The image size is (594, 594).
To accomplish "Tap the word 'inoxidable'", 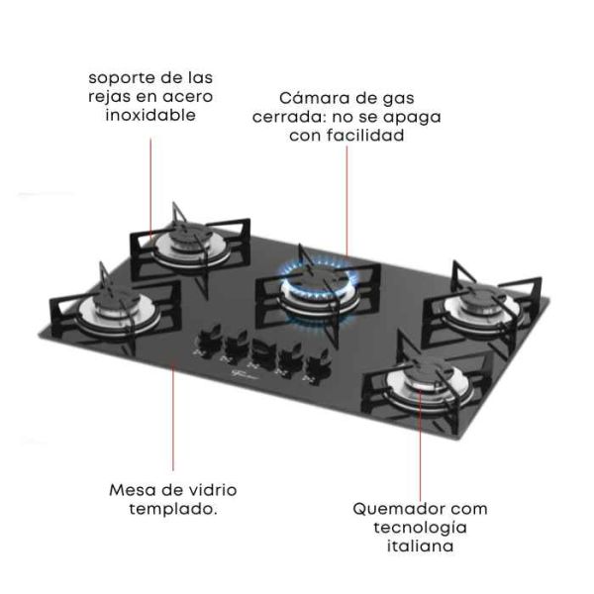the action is point(150,115).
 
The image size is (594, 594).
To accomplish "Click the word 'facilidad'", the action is point(365,136).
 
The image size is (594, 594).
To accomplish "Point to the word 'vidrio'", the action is point(213,490).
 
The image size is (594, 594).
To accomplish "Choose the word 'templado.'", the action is point(173,509).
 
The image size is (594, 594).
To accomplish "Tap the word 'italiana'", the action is point(420,545).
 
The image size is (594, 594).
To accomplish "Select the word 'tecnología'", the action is point(420,528).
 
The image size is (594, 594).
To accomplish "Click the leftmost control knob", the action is point(207,338).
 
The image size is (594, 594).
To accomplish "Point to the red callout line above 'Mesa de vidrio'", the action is point(173,418).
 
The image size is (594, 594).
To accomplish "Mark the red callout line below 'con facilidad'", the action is point(346,202).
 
